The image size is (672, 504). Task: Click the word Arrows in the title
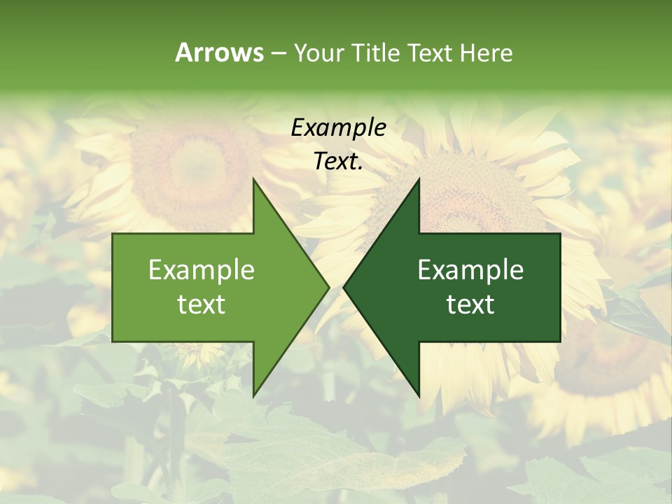219,52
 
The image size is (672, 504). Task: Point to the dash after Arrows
278,53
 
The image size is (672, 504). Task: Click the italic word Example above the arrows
338,128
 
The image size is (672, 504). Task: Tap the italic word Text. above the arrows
338,162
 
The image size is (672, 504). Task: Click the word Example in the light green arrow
202,270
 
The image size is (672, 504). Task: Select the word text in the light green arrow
202,304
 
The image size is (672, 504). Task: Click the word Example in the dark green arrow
470,270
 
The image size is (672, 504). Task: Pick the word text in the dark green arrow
470,304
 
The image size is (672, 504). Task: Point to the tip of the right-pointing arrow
328,287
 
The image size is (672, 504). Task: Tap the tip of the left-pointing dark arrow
344,287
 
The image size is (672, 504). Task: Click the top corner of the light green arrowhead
253,179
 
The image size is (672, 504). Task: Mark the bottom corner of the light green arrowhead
253,395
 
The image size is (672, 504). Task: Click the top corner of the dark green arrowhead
419,179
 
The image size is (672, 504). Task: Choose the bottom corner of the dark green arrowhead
419,395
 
